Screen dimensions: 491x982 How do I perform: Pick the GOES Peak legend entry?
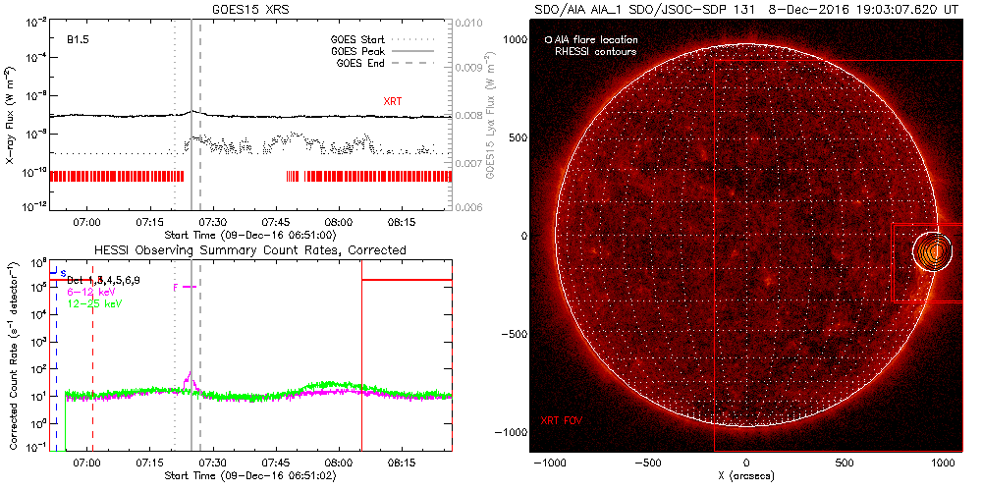(x=356, y=52)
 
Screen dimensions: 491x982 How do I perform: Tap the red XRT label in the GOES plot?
(x=393, y=101)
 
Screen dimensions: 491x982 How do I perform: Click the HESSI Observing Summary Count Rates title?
(x=249, y=250)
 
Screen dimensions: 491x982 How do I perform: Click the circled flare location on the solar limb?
(x=934, y=251)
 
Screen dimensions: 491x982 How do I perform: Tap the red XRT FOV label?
(x=564, y=420)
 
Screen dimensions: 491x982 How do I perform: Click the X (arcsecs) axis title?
(x=746, y=476)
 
